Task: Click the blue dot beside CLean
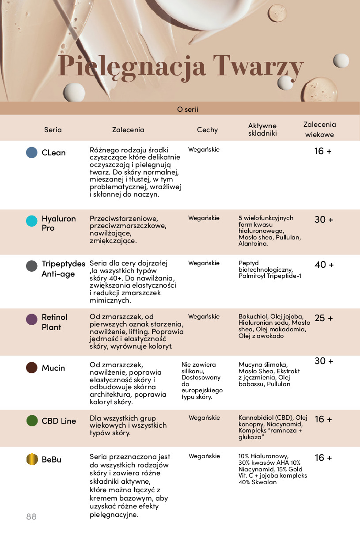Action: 32,152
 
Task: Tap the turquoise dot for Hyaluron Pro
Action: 32,221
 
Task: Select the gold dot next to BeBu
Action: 32,459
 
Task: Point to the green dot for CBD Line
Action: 32,421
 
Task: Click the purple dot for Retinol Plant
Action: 32,319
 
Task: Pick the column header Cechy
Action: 207,130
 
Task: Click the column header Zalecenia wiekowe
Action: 319,129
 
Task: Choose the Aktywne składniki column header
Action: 262,129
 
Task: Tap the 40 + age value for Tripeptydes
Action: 324,265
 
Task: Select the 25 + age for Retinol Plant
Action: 324,318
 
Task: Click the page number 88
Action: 31,516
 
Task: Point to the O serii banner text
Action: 187,109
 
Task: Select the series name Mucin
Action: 53,368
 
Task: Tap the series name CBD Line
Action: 59,421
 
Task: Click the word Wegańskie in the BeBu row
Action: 204,456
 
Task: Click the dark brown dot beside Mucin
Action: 32,368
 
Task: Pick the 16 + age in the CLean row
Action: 323,151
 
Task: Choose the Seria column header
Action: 53,130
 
